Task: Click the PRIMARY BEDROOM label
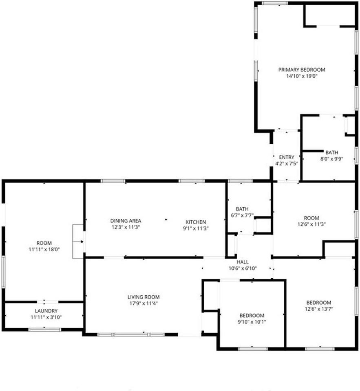(302, 70)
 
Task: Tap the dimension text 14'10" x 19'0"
(302, 76)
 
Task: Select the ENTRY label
(287, 157)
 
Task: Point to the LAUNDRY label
(44, 311)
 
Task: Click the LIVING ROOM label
(144, 297)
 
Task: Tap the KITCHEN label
(196, 222)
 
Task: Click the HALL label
(242, 262)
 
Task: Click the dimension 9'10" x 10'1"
(252, 322)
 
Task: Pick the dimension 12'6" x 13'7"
(318, 309)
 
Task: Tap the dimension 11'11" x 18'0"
(44, 249)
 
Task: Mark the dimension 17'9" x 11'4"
(144, 303)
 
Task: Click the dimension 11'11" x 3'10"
(44, 317)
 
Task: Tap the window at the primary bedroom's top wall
(274, 3)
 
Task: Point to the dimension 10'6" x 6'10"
(242, 268)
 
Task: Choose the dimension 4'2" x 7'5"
(287, 163)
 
